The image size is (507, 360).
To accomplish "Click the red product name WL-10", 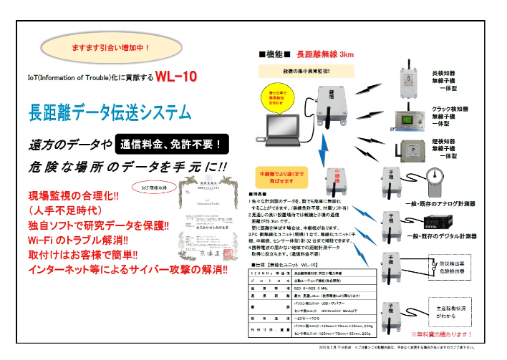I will (176, 77).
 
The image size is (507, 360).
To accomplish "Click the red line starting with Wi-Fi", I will (79, 240).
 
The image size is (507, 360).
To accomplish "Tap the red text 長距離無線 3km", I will (325, 54).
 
